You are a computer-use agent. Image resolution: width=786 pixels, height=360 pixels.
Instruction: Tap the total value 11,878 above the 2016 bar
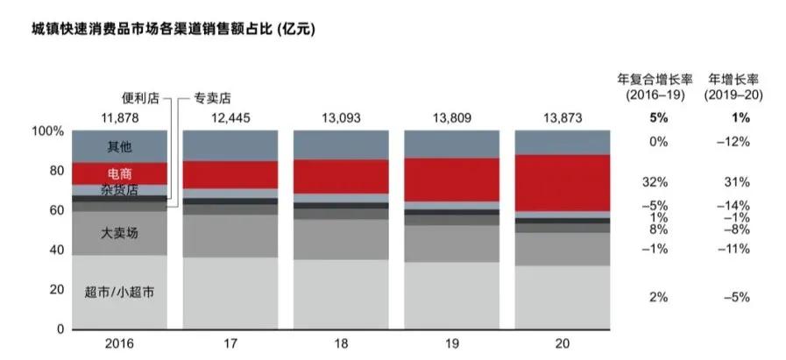coord(119,117)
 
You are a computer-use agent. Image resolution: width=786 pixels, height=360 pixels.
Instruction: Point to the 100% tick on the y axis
coord(48,131)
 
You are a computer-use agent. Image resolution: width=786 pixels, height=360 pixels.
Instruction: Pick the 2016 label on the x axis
coord(119,344)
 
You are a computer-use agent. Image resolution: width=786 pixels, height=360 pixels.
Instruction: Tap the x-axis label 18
coord(341,344)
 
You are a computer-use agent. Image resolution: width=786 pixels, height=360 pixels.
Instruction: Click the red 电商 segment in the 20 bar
coord(562,182)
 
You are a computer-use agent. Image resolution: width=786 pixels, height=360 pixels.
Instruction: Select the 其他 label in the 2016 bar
coord(119,145)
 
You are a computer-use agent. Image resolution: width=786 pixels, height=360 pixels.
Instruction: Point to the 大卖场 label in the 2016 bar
coord(119,233)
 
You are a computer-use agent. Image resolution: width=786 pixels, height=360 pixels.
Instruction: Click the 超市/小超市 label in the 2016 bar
coord(119,292)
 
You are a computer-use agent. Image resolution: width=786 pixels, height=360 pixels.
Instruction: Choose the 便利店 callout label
coord(140,98)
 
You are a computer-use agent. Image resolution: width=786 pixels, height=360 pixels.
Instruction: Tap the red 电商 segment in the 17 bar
coord(230,174)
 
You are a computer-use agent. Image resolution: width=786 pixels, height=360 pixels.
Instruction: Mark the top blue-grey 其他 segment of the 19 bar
coord(451,144)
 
